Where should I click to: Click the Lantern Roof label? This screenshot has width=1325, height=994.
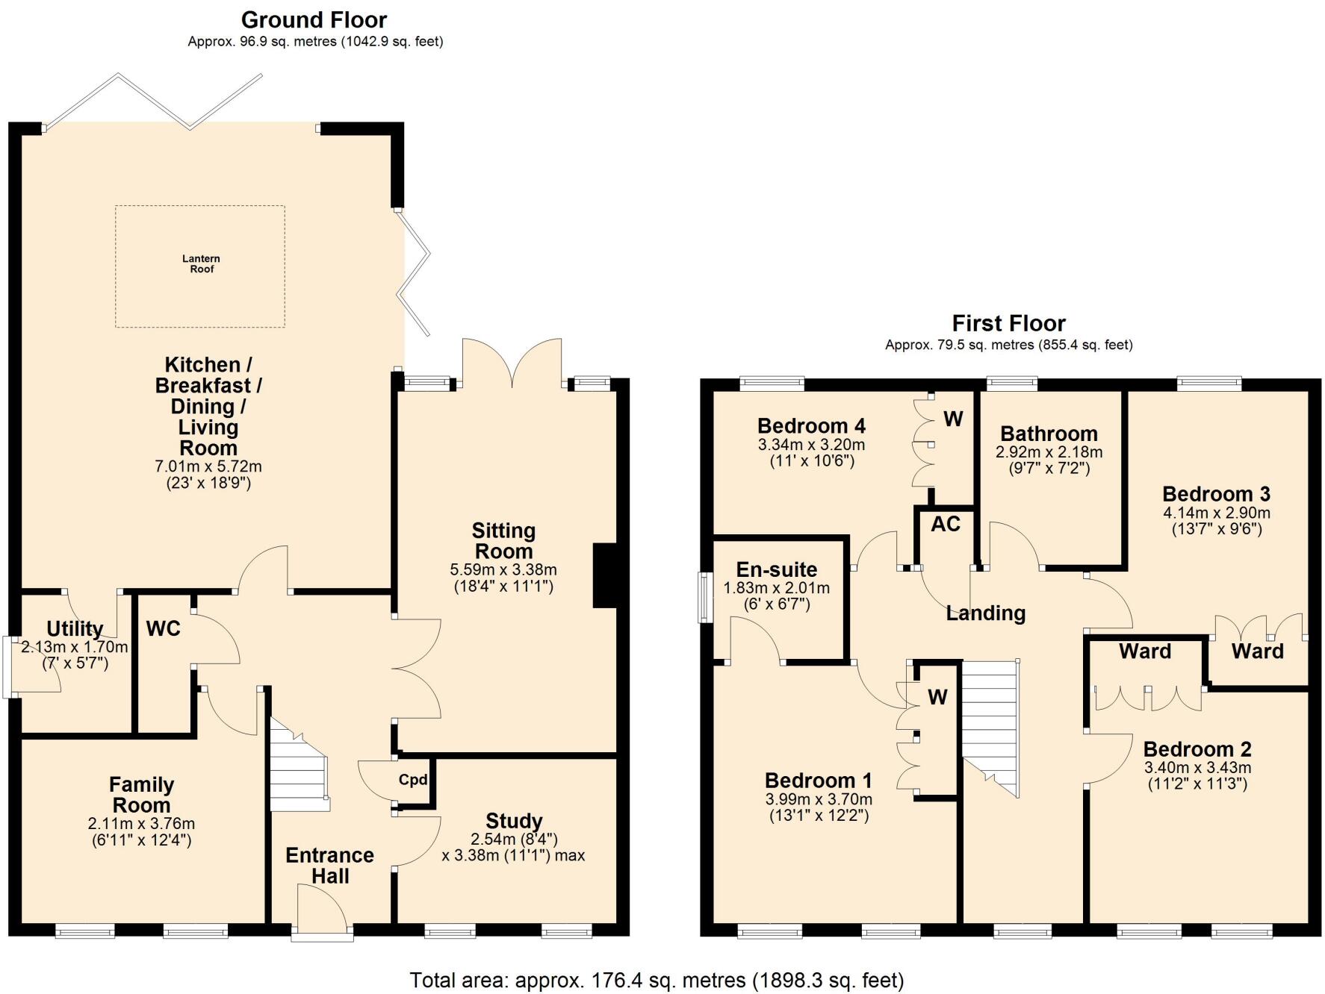[201, 264]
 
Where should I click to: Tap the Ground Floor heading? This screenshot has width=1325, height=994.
[314, 20]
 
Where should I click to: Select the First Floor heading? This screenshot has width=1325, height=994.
[1008, 324]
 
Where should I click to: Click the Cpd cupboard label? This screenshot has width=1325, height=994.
[412, 780]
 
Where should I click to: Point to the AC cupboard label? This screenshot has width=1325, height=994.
[945, 525]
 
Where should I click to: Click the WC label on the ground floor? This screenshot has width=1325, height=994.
[163, 629]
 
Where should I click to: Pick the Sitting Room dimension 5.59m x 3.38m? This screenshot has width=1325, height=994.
[503, 570]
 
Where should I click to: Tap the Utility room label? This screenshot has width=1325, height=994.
[75, 628]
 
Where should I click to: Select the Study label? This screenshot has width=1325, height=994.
[514, 822]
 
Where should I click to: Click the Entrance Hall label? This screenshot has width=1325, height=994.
[329, 866]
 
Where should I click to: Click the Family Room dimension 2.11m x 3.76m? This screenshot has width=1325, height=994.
[141, 825]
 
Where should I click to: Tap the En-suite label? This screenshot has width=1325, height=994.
[776, 570]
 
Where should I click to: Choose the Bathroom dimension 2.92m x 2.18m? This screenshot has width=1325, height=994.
[1049, 452]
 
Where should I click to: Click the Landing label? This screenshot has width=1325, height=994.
[985, 613]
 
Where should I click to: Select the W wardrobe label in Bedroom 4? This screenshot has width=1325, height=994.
[953, 419]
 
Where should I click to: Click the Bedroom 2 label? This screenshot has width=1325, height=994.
[1197, 749]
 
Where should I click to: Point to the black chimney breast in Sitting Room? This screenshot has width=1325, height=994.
[604, 575]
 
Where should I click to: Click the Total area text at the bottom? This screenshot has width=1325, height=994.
[657, 980]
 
